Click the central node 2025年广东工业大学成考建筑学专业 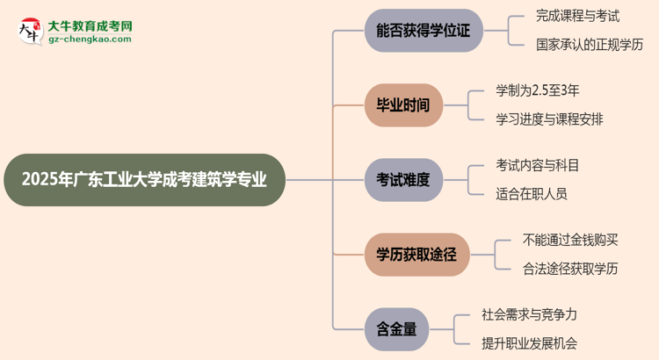click(144, 180)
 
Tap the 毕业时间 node click(403, 105)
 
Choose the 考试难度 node click(403, 180)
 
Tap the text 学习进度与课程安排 click(549, 119)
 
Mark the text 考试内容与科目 click(537, 164)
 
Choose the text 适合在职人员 click(531, 194)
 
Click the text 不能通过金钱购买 click(569, 239)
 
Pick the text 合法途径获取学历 click(569, 269)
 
